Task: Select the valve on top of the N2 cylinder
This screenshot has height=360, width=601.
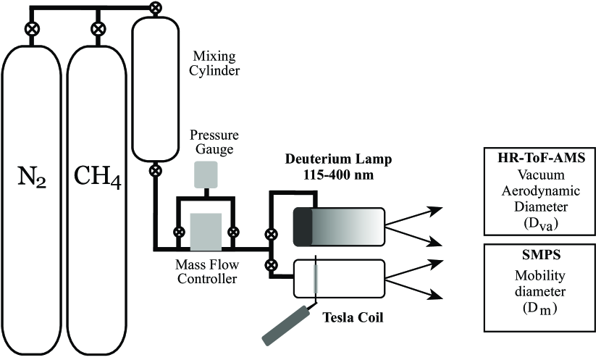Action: tap(31, 30)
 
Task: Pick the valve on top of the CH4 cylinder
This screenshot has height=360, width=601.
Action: tap(96, 30)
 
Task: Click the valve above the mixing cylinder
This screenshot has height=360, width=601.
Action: tap(154, 7)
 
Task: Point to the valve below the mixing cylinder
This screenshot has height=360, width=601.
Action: tap(154, 172)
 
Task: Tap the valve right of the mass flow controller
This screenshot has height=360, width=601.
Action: tap(234, 233)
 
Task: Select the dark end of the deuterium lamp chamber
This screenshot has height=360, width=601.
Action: tap(303, 225)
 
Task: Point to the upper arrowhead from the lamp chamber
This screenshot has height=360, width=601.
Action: tap(435, 210)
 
